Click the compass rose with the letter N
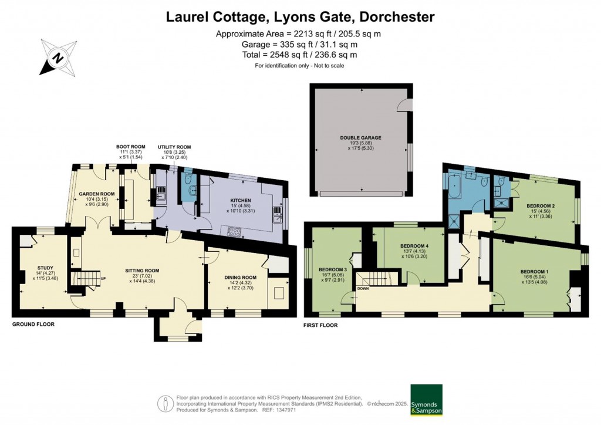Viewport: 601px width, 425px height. pos(58,58)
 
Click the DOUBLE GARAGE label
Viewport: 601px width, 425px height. pos(360,138)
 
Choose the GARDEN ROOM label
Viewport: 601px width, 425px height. pos(96,193)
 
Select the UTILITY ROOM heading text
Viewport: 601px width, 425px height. pos(174,147)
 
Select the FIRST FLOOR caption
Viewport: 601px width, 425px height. pos(320,324)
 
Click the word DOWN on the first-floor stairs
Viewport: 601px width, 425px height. pos(363,288)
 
